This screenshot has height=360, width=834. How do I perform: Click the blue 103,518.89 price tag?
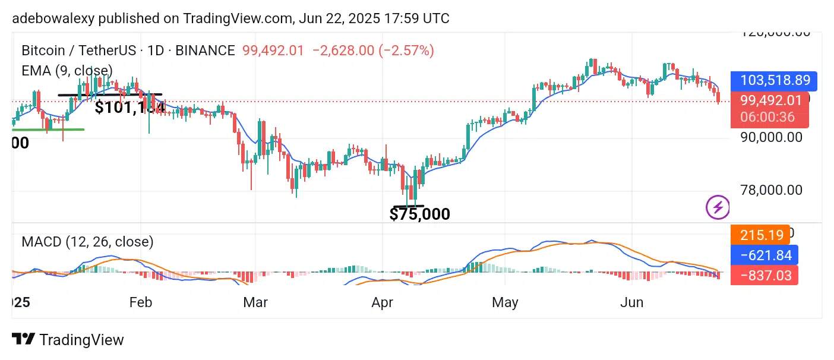774,81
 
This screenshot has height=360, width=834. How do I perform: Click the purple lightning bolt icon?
718,207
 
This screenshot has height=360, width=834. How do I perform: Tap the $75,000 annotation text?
419,214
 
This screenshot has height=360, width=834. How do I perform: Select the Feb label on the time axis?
140,302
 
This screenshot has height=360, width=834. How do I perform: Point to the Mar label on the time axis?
255,302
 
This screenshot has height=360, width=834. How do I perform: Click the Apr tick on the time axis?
382,302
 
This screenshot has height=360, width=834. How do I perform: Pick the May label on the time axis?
505,302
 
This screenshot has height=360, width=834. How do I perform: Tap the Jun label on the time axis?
631,302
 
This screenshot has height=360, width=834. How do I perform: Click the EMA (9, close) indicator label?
67,70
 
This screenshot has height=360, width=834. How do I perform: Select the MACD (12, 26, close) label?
87,242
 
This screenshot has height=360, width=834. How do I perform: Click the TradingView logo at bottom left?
68,340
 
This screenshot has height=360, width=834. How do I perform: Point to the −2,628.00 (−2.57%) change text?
377,50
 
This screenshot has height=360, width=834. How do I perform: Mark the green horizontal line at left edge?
48,129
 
